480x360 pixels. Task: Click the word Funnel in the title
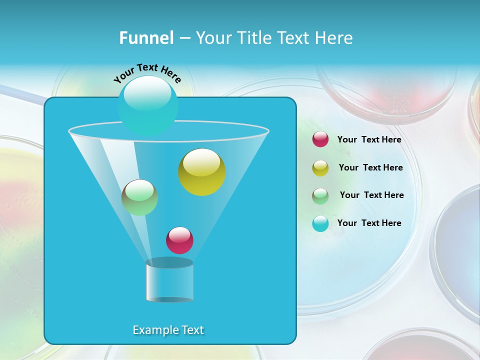click(x=146, y=38)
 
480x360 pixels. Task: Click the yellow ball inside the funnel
click(x=201, y=171)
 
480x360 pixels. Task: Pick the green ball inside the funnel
click(x=139, y=197)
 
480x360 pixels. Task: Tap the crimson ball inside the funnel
click(x=179, y=240)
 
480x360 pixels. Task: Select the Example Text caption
click(x=168, y=330)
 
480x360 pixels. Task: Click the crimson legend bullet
click(x=320, y=139)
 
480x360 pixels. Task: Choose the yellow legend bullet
click(x=320, y=167)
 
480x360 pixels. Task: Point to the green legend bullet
click(x=320, y=195)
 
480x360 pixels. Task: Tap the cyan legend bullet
click(x=320, y=223)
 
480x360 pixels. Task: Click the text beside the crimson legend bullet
click(x=369, y=139)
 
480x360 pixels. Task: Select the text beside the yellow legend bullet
click(x=370, y=167)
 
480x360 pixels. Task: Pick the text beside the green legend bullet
click(x=371, y=195)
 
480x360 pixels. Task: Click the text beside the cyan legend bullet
click(x=369, y=223)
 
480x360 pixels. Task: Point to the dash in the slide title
click(x=184, y=38)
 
